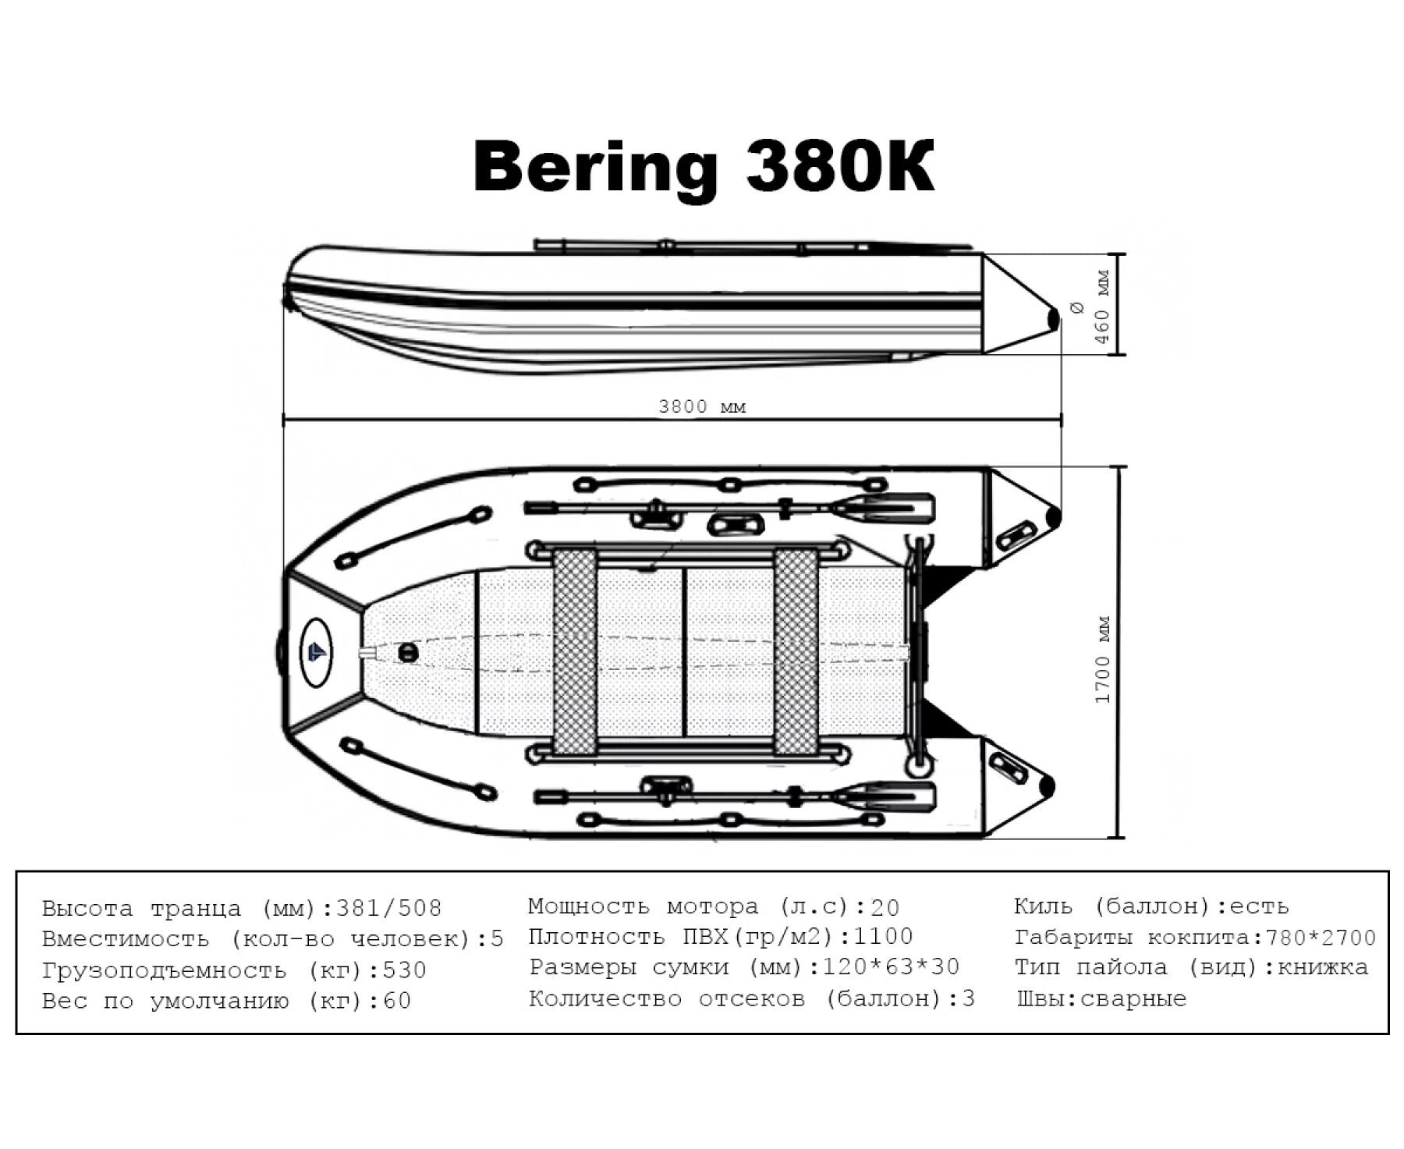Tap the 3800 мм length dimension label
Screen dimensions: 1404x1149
tap(702, 406)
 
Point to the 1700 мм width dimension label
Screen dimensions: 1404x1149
tap(1102, 660)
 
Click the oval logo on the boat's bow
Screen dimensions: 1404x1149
tap(316, 652)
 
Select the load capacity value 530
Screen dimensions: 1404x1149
tap(404, 970)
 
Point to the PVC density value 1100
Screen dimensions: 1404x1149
tap(883, 936)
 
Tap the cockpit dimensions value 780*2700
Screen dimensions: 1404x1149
tap(1321, 938)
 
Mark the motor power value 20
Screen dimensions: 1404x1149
tap(885, 907)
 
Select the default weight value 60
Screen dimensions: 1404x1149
tap(397, 1000)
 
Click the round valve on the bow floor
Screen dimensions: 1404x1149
tap(407, 652)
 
